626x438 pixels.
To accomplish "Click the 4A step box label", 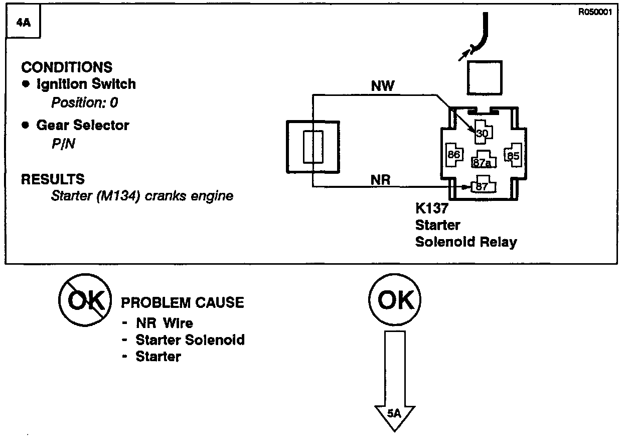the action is click(24, 23).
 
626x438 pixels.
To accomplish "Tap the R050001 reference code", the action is click(595, 12).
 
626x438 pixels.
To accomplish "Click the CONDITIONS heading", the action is click(67, 67).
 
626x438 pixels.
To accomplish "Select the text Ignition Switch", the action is click(86, 84).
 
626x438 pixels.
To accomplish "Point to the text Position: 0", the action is click(85, 102).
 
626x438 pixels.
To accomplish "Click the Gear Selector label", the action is click(83, 125).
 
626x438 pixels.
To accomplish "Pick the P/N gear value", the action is click(63, 144).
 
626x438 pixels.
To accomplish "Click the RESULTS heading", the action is click(53, 179).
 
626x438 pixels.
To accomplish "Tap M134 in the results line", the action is click(118, 196).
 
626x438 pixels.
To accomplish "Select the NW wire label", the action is click(383, 85).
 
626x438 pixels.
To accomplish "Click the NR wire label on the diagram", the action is click(380, 180).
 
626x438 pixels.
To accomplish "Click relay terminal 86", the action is click(454, 155).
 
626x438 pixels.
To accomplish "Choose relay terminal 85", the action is click(513, 155).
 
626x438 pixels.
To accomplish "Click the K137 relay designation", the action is click(431, 208).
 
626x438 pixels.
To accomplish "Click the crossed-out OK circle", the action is click(85, 300).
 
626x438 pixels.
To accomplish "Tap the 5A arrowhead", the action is click(395, 418).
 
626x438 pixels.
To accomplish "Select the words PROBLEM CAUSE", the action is click(183, 302).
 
